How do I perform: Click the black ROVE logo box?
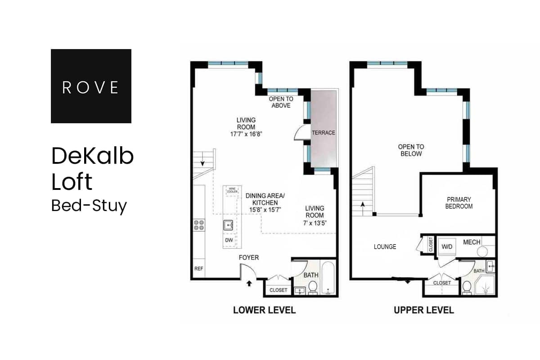tap(91, 86)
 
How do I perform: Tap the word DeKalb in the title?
tap(92, 156)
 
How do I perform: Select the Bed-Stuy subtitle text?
tap(89, 205)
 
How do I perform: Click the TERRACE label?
tap(324, 133)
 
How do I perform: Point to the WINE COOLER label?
tap(232, 191)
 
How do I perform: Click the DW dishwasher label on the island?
tap(229, 240)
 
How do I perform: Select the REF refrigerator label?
tap(198, 269)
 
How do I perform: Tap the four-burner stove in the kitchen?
tap(198, 225)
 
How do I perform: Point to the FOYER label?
tap(249, 257)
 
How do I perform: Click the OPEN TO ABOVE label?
tap(280, 102)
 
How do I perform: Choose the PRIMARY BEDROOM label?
tap(459, 202)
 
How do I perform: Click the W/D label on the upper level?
tap(447, 246)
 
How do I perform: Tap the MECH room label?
tap(472, 242)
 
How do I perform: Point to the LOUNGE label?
tap(385, 247)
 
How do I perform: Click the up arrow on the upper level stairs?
tap(362, 204)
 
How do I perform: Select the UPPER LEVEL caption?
tap(423, 310)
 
